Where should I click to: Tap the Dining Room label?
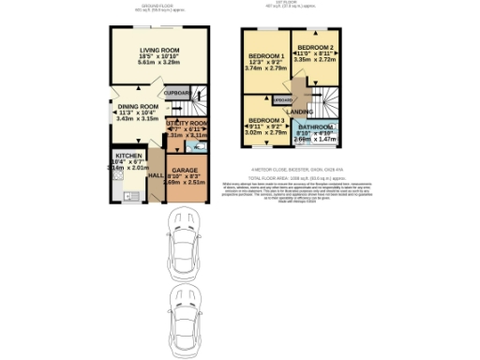tap(137, 107)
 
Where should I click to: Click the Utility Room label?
tap(187, 123)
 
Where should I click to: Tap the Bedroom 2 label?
tap(316, 47)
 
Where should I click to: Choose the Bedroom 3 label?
tap(266, 123)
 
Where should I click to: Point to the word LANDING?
tap(299, 112)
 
